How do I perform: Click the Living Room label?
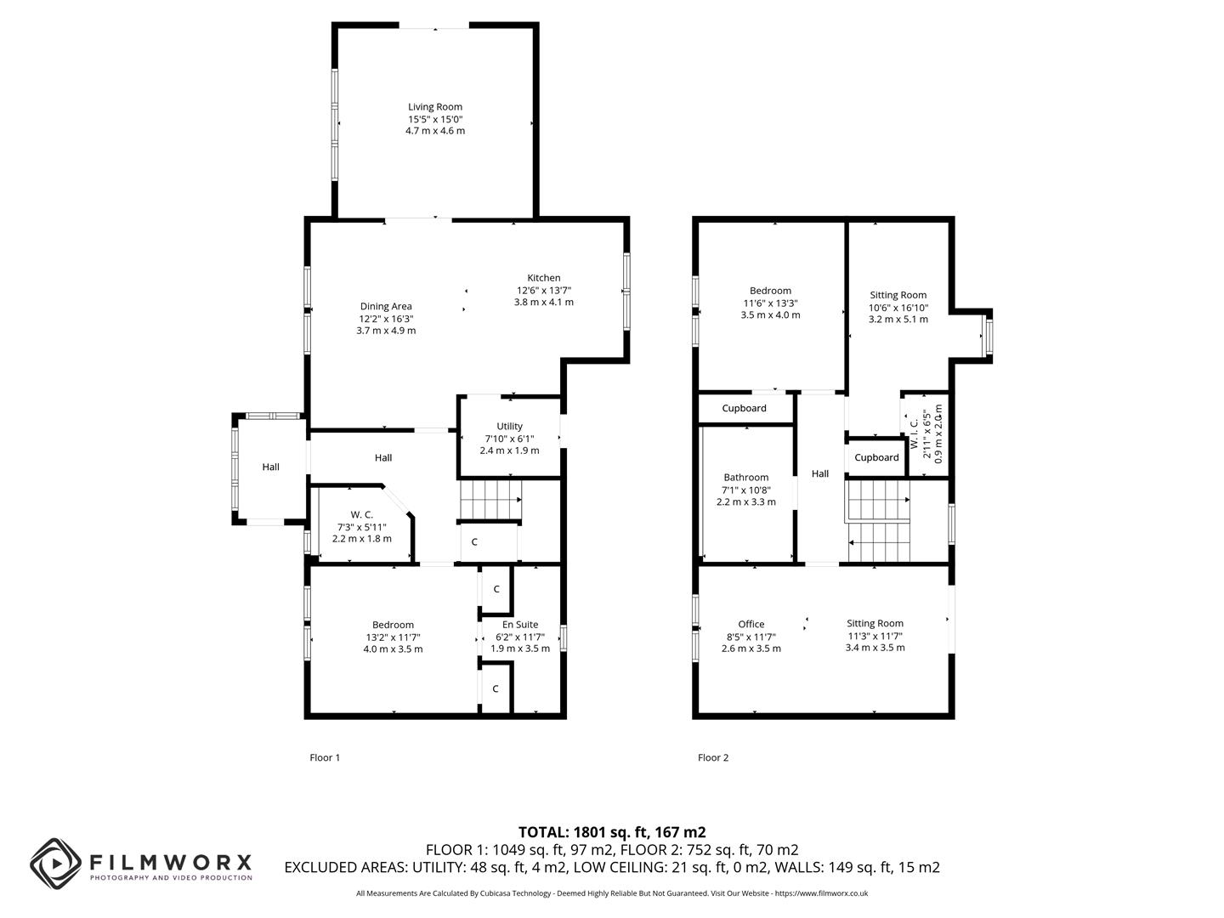[x=435, y=107]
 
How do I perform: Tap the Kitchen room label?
[x=543, y=278]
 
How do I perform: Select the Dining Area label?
[x=386, y=306]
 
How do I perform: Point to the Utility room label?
[x=509, y=426]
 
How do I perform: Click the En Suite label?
[x=519, y=625]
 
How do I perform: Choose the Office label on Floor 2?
[x=751, y=624]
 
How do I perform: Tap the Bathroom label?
[x=745, y=477]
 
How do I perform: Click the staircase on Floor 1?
[x=490, y=501]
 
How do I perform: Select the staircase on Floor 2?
[x=878, y=523]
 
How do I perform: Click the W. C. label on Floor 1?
[x=361, y=514]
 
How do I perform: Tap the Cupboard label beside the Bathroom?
[x=744, y=408]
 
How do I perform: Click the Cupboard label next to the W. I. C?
[x=876, y=457]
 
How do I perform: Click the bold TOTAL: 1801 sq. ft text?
[x=612, y=832]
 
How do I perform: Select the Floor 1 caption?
[x=325, y=757]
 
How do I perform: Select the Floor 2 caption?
[x=713, y=757]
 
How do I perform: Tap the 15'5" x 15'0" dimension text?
[x=435, y=119]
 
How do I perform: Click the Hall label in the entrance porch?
[x=270, y=467]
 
